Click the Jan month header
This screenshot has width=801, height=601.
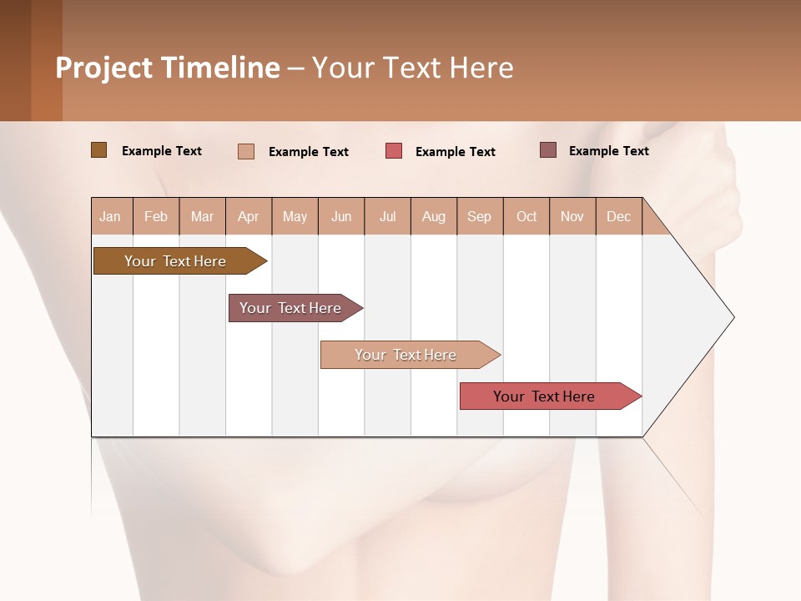(x=111, y=216)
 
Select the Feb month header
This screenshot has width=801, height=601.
(x=156, y=216)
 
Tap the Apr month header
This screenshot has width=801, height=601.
(x=249, y=216)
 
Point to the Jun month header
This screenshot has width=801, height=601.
(x=341, y=216)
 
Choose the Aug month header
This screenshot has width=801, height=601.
(x=434, y=216)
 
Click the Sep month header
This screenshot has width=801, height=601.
(x=480, y=216)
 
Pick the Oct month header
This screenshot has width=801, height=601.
(x=526, y=216)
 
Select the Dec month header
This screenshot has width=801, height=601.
(x=619, y=216)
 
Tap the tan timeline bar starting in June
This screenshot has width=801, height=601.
(x=406, y=355)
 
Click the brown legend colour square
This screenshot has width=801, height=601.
(x=98, y=150)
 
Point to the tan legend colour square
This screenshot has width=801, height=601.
(x=246, y=151)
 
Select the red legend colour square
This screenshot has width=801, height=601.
(x=394, y=151)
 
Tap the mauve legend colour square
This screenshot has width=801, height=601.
(x=548, y=150)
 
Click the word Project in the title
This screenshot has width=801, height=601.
(x=104, y=68)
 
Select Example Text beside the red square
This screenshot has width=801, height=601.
(x=456, y=152)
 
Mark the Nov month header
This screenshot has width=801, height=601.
(x=572, y=216)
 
